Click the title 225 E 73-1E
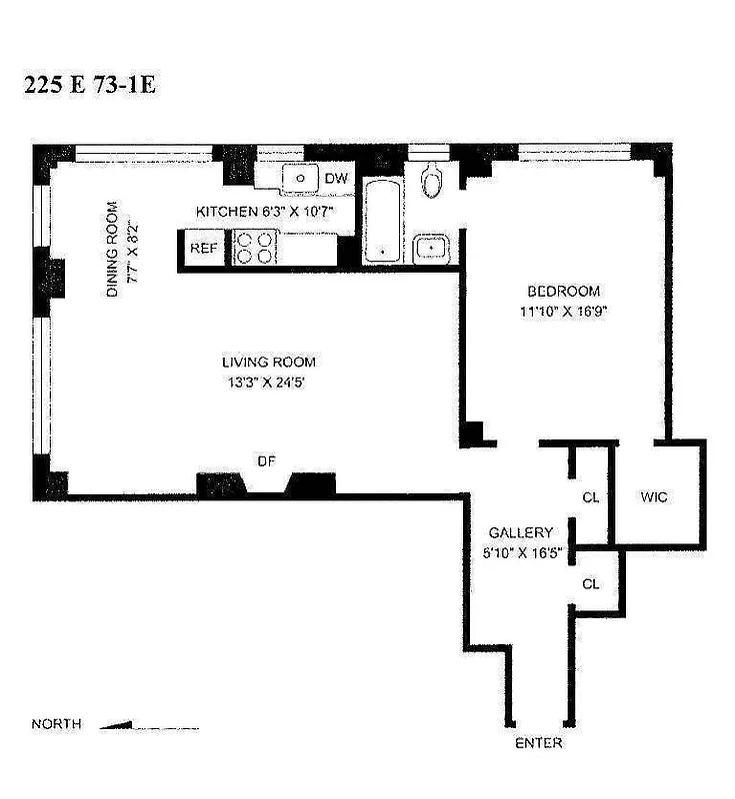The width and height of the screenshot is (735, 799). (x=90, y=84)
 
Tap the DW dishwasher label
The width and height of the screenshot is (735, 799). (x=337, y=179)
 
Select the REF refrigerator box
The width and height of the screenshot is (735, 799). (x=204, y=249)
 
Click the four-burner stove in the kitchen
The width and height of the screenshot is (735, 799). (x=254, y=248)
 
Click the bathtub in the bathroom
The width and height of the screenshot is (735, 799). (x=380, y=222)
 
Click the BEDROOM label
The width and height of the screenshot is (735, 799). (x=564, y=292)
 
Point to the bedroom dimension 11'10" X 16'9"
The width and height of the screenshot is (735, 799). (x=564, y=311)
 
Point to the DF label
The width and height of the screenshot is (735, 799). (x=266, y=460)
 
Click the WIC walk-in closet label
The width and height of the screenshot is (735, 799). (x=654, y=496)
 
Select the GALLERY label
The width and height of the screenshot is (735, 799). (x=520, y=533)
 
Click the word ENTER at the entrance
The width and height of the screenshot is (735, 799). (x=538, y=743)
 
